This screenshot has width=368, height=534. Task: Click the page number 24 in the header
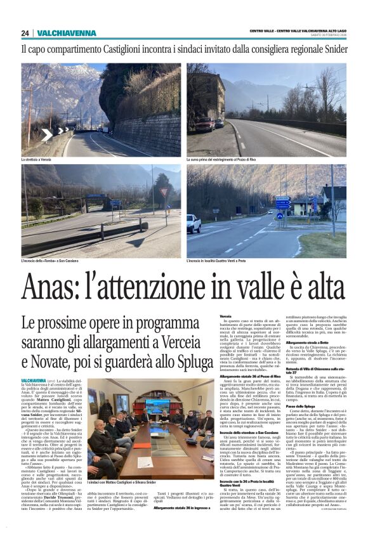click(x=25, y=33)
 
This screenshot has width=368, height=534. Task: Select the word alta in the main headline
click(x=315, y=288)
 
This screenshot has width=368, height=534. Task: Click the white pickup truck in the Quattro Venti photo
click(x=194, y=223)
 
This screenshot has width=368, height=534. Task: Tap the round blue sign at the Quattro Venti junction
click(x=280, y=216)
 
